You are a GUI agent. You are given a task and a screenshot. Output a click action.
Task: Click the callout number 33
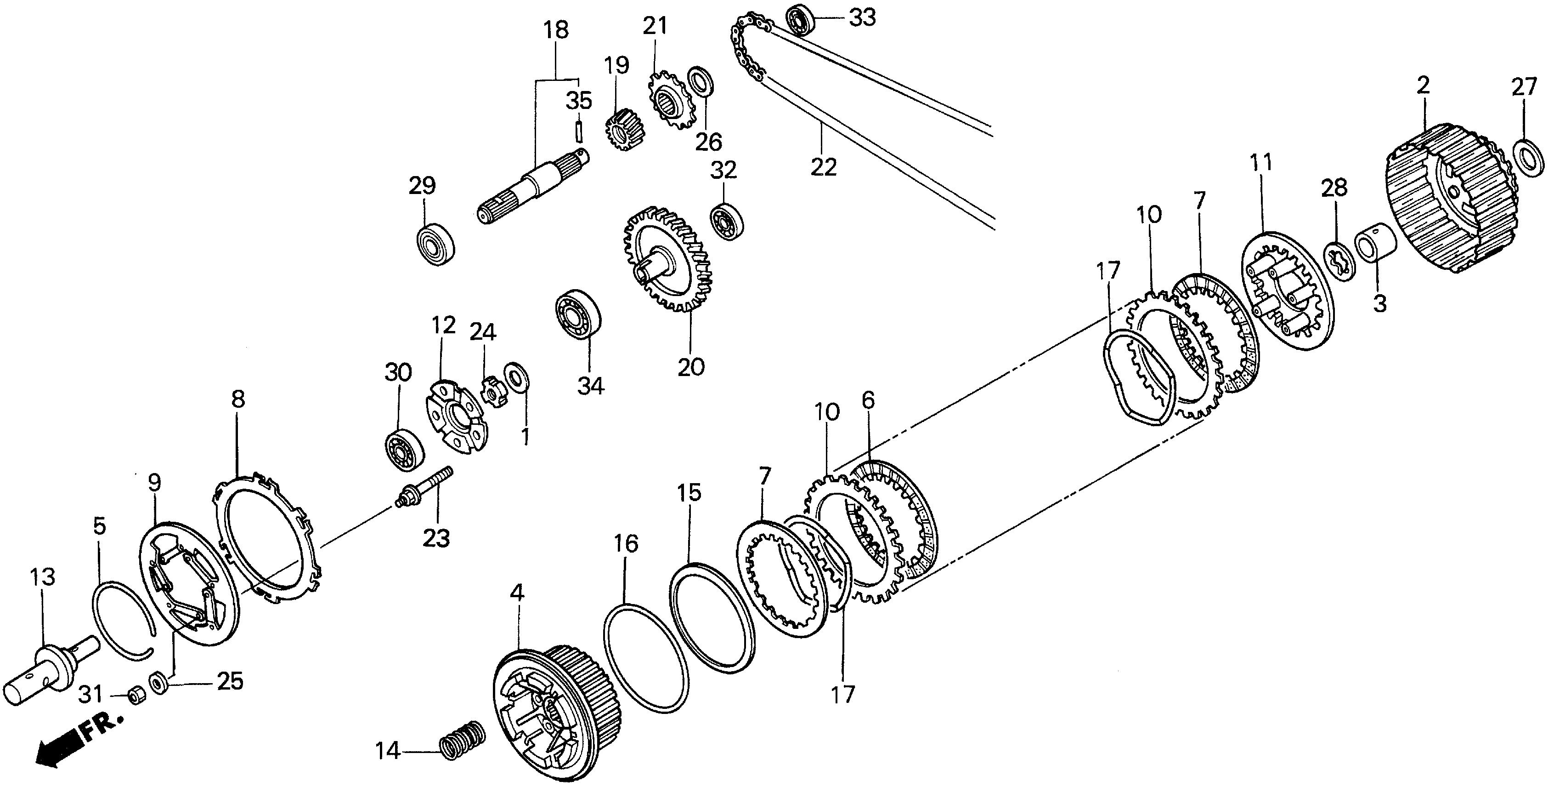pyautogui.click(x=862, y=17)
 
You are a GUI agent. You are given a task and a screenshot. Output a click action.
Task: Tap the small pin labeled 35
pyautogui.click(x=578, y=130)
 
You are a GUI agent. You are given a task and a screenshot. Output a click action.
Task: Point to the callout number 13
pyautogui.click(x=42, y=577)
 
